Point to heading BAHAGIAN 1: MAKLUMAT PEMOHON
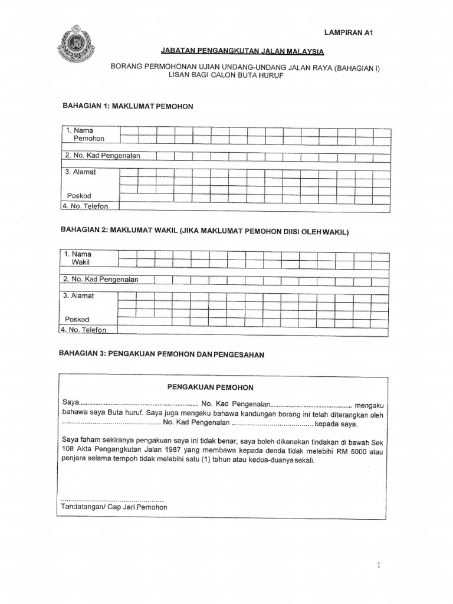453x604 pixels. [128, 106]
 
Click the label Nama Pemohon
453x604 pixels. [86, 134]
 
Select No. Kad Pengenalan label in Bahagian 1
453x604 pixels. [103, 156]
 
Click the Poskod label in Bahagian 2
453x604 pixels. [77, 319]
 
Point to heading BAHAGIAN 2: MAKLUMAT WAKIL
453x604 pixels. [205, 231]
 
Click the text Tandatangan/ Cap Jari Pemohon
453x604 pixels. [114, 507]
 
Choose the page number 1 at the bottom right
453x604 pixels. [379, 565]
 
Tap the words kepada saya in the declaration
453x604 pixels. [336, 424]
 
